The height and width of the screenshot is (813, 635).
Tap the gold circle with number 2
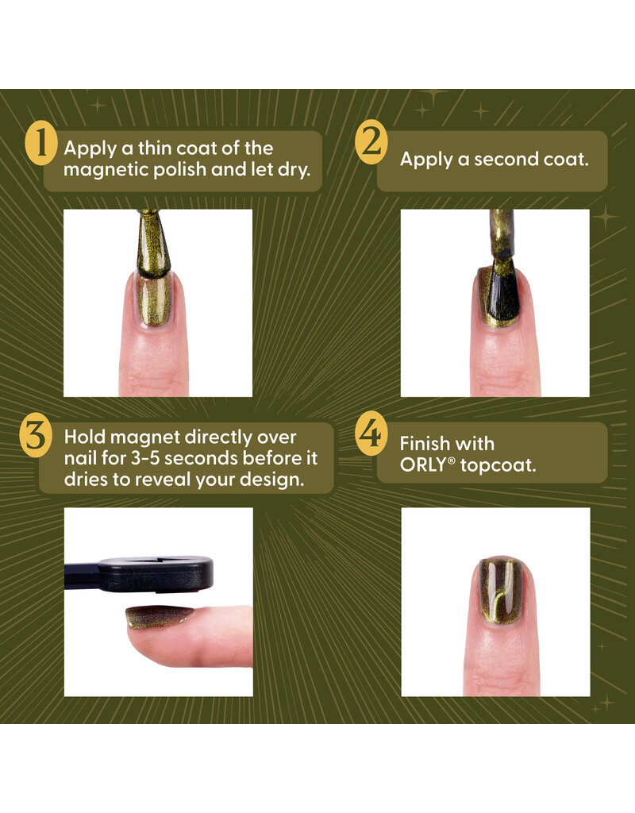pyautogui.click(x=371, y=143)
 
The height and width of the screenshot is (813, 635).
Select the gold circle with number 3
pyautogui.click(x=37, y=438)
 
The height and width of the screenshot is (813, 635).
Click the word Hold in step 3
pyautogui.click(x=85, y=437)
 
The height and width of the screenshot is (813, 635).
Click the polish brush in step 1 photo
pyautogui.click(x=156, y=238)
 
